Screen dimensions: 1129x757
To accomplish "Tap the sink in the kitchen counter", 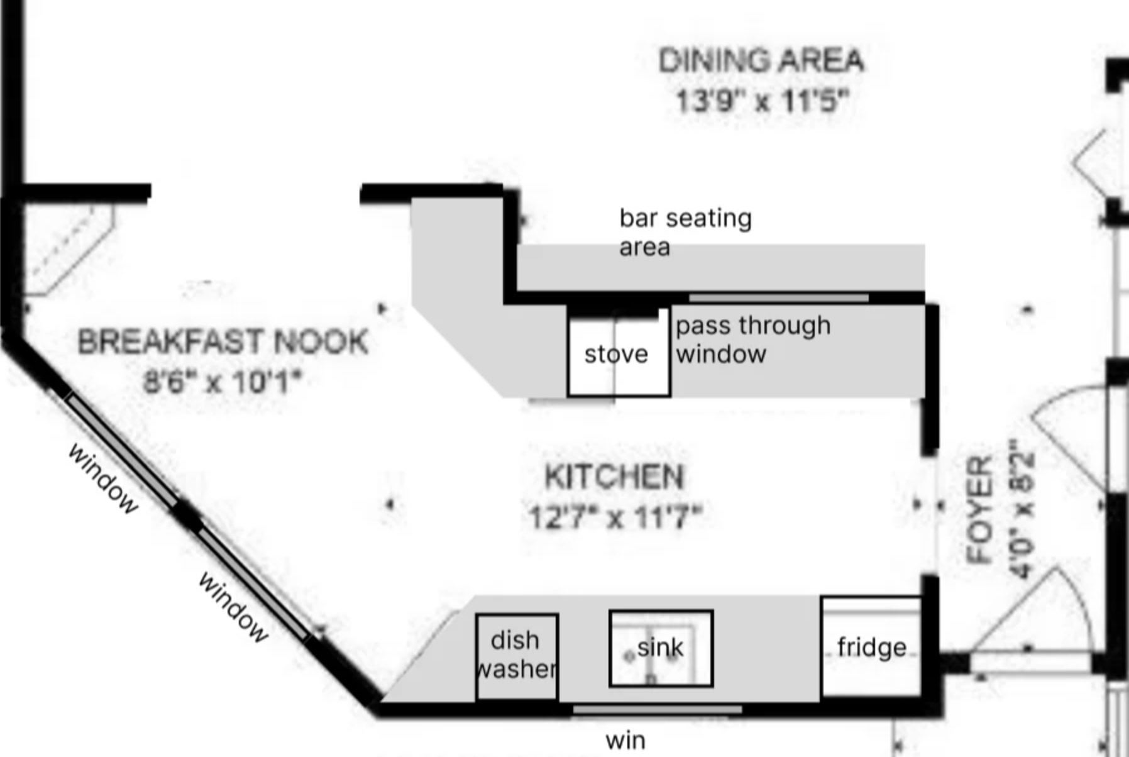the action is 661,648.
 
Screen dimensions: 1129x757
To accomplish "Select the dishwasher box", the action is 517,656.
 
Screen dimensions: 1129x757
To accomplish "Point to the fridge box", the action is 871,647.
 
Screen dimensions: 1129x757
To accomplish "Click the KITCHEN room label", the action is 614,477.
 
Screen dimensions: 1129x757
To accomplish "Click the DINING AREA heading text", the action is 761,60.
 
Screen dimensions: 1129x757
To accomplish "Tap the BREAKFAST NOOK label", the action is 223,342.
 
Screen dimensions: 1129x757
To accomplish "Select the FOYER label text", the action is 979,510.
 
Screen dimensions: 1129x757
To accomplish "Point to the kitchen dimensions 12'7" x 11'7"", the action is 614,517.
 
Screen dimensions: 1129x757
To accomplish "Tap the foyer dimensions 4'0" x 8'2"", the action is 1022,508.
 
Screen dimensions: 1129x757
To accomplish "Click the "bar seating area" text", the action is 685,232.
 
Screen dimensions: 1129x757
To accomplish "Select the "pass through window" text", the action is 753,340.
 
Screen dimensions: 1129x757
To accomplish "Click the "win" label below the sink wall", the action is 625,740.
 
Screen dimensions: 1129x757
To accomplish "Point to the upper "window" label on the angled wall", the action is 102,478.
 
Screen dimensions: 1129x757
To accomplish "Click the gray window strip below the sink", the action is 658,710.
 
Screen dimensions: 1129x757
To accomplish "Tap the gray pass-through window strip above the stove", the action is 779,298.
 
